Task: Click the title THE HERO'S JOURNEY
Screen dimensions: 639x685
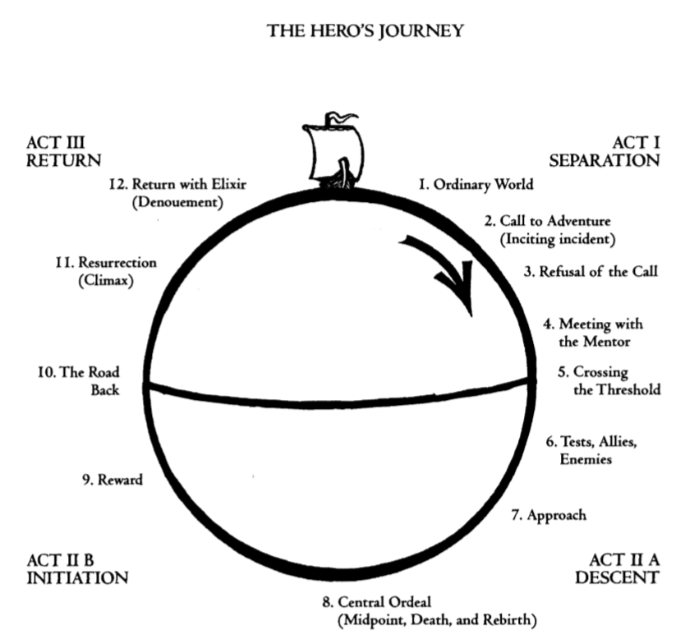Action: (365, 32)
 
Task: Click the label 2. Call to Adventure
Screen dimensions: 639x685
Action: (547, 221)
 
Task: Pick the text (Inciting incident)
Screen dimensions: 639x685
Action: (557, 239)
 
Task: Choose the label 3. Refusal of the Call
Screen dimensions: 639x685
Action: (591, 271)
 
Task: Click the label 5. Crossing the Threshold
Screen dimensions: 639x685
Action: (609, 379)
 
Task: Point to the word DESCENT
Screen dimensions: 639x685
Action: (617, 577)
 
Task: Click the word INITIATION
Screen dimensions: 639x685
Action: (77, 577)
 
